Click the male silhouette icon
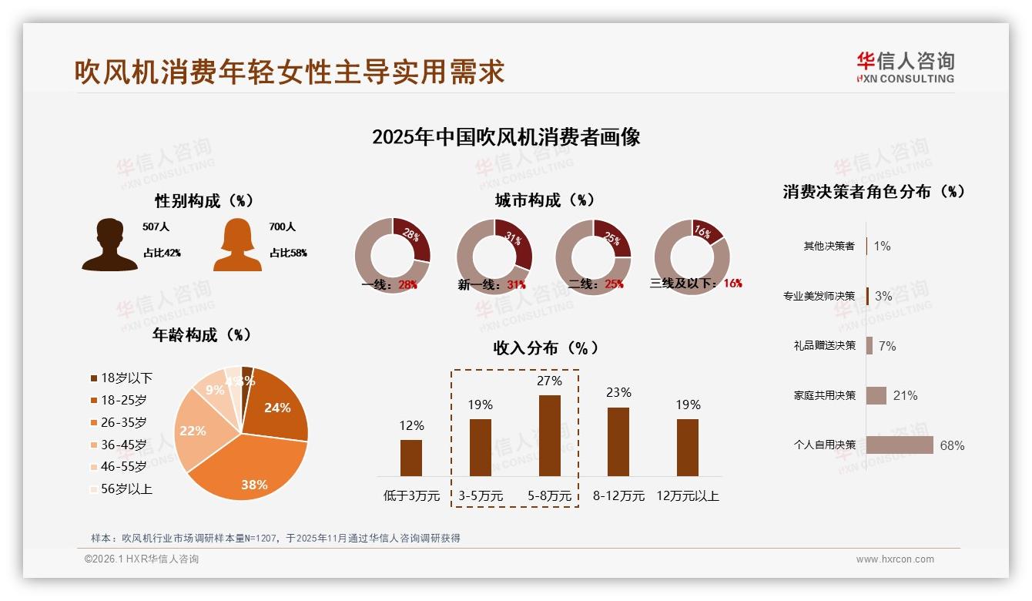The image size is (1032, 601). [109, 245]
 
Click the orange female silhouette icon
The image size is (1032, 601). [237, 245]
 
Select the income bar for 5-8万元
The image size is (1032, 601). [549, 435]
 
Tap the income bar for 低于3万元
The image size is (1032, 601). [411, 458]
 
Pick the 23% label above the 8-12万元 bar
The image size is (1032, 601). [618, 393]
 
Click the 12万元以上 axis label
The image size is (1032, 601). [687, 496]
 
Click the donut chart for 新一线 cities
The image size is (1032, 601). [494, 257]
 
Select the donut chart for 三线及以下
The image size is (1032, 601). [692, 257]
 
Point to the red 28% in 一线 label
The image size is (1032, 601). [407, 284]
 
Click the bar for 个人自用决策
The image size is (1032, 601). [900, 445]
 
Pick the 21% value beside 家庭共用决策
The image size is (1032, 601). [905, 395]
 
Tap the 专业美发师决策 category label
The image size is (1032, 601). [819, 296]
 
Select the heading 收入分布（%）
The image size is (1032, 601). [545, 348]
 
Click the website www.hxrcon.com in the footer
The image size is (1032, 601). [895, 559]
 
